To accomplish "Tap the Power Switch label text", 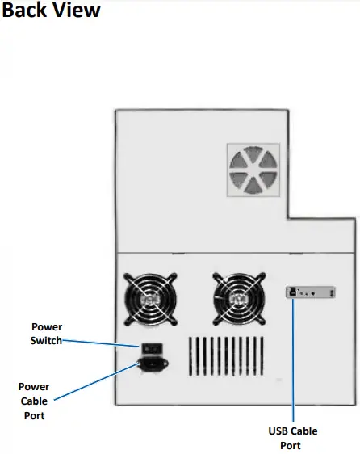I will (x=47, y=334).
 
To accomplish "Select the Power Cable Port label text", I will (x=33, y=401).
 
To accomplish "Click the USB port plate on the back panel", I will (x=312, y=293).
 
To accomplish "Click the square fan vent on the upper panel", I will (x=253, y=170).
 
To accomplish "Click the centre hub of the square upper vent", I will (x=253, y=170).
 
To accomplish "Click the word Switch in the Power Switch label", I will (x=47, y=340).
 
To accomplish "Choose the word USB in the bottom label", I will (x=278, y=431).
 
